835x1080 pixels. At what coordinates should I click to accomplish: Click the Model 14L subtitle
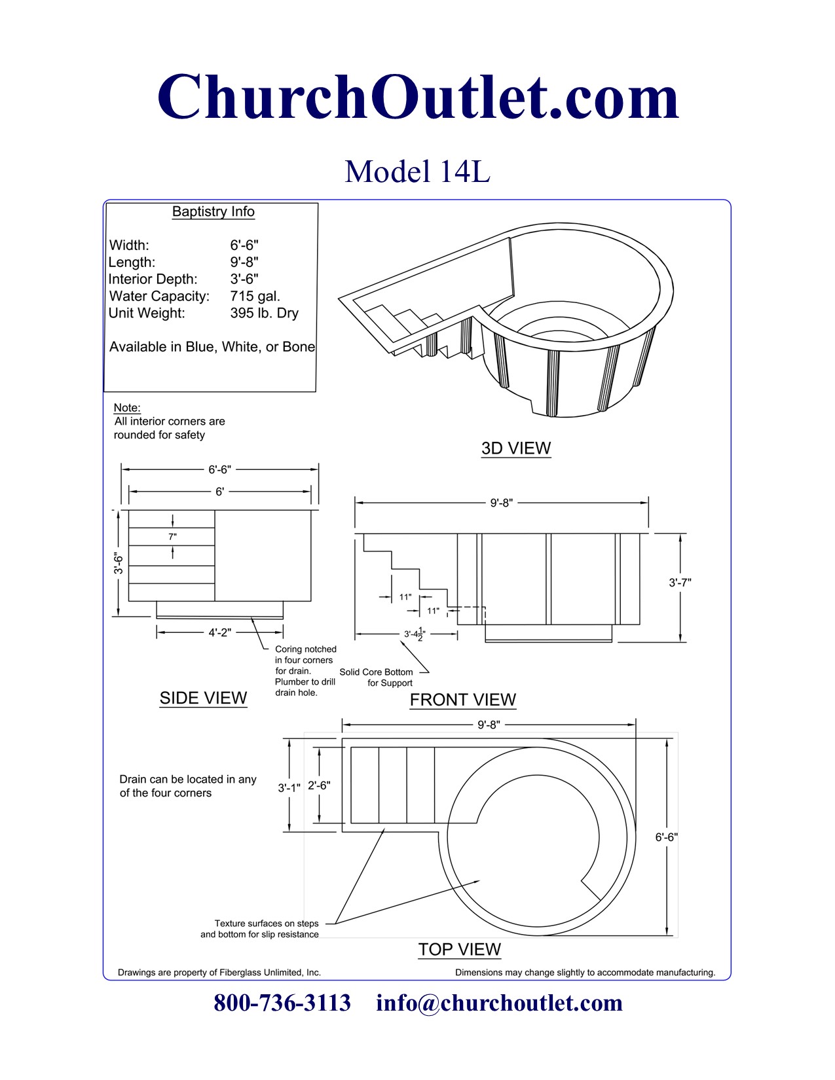pyautogui.click(x=417, y=171)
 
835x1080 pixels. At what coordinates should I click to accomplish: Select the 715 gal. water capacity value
pyautogui.click(x=255, y=296)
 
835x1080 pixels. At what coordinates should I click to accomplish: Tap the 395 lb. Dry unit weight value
pyautogui.click(x=264, y=313)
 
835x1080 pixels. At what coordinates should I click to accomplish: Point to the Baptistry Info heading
pyautogui.click(x=213, y=211)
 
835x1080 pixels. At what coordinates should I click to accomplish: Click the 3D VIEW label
pyautogui.click(x=516, y=448)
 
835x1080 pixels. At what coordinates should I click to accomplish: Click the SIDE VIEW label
pyautogui.click(x=203, y=698)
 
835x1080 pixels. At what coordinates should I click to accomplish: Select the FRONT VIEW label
pyautogui.click(x=462, y=700)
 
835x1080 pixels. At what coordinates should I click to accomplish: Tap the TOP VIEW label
pyautogui.click(x=459, y=949)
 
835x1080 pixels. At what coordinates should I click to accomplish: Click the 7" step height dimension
pyautogui.click(x=172, y=537)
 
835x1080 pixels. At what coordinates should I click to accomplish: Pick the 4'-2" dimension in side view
pyautogui.click(x=219, y=632)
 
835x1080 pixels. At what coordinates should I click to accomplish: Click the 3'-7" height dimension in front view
pyautogui.click(x=680, y=582)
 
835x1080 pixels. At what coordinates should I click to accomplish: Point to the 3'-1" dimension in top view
pyautogui.click(x=289, y=787)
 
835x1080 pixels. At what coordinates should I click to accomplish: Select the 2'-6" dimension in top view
pyautogui.click(x=319, y=785)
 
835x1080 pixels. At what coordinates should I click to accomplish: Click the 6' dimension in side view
pyautogui.click(x=219, y=491)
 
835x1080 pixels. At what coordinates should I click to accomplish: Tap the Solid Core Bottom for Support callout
pyautogui.click(x=377, y=677)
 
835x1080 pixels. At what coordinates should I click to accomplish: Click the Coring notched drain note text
pyautogui.click(x=305, y=671)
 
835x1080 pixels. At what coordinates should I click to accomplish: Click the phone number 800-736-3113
pyautogui.click(x=282, y=1003)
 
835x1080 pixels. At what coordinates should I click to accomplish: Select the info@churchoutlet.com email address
pyautogui.click(x=499, y=1003)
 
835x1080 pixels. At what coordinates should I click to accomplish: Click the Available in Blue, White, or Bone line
pyautogui.click(x=212, y=347)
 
